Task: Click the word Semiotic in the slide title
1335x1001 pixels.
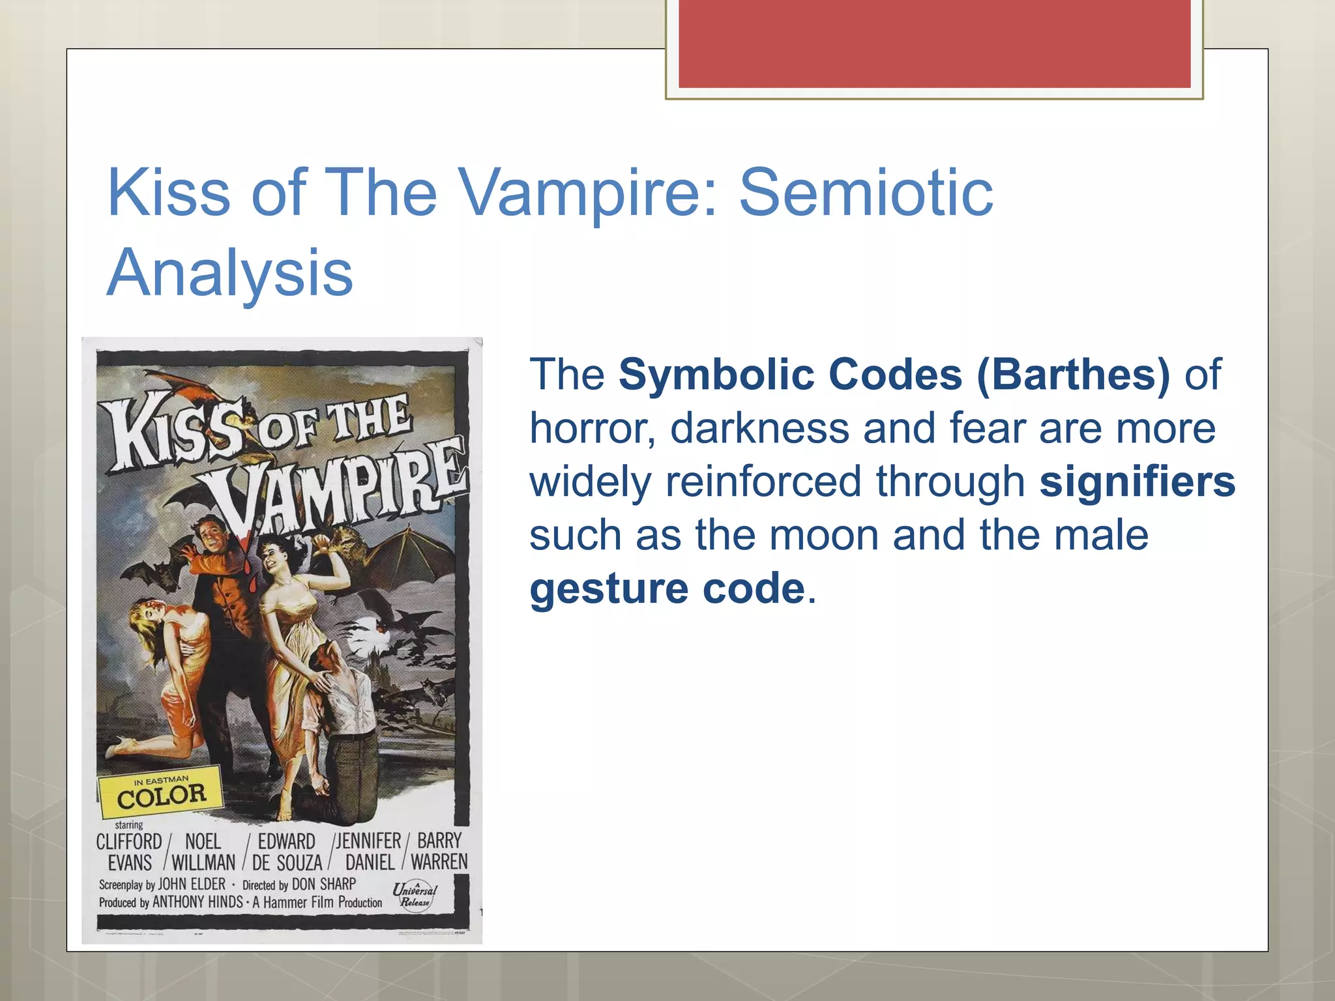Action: click(x=866, y=192)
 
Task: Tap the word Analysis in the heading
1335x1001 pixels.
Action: click(x=229, y=272)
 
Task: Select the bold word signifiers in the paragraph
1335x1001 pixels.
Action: click(x=1137, y=482)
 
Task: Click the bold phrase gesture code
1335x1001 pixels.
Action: click(x=667, y=588)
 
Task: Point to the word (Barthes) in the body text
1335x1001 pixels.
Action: click(x=1073, y=375)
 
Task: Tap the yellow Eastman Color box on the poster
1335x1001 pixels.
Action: click(x=160, y=794)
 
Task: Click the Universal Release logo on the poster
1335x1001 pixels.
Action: click(x=415, y=895)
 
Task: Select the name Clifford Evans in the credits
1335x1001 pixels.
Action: click(x=129, y=852)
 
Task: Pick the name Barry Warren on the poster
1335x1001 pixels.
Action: click(x=439, y=851)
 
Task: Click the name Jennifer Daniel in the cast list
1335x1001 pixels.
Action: click(x=369, y=852)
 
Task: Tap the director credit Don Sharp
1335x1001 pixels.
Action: click(x=323, y=884)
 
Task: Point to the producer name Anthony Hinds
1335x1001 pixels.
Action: click(x=197, y=903)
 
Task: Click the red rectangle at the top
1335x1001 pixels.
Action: click(x=934, y=43)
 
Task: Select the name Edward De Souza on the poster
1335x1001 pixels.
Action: click(x=287, y=852)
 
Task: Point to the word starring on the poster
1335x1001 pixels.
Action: click(x=129, y=824)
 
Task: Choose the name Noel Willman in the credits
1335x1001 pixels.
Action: click(x=203, y=852)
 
